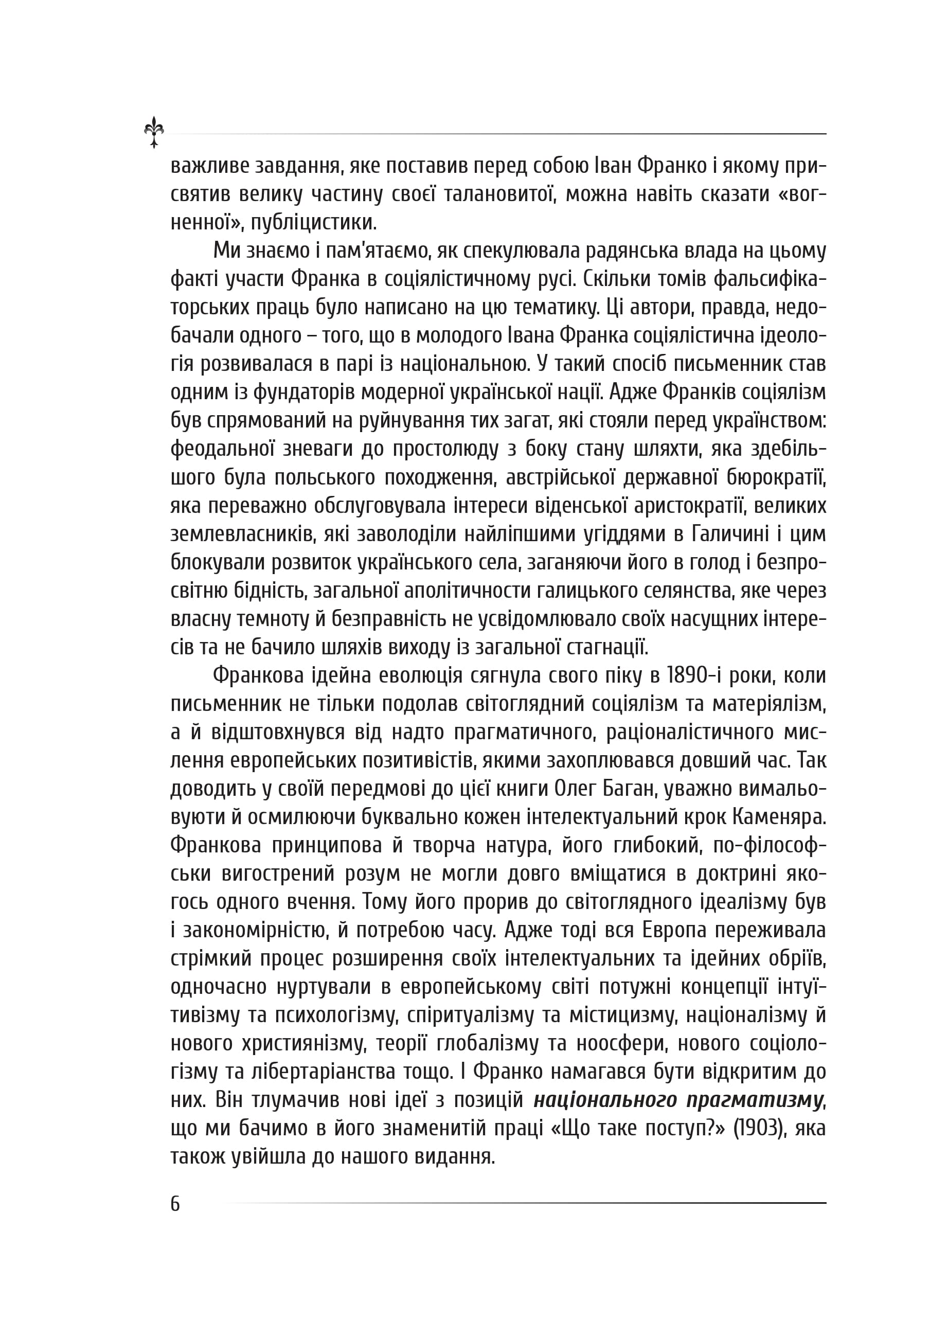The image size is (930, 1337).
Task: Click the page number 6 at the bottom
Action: tap(175, 1203)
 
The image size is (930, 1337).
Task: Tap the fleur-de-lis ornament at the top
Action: tap(154, 132)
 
